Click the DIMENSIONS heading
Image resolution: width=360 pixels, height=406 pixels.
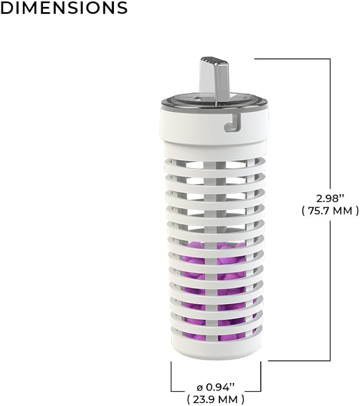(64, 7)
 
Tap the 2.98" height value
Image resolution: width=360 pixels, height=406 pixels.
(330, 199)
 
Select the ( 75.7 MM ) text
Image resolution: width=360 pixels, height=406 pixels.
(330, 211)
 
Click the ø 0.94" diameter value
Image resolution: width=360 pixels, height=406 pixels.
(216, 387)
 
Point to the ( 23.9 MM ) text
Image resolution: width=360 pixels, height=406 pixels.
(216, 399)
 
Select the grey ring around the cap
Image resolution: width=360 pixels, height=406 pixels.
(215, 103)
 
